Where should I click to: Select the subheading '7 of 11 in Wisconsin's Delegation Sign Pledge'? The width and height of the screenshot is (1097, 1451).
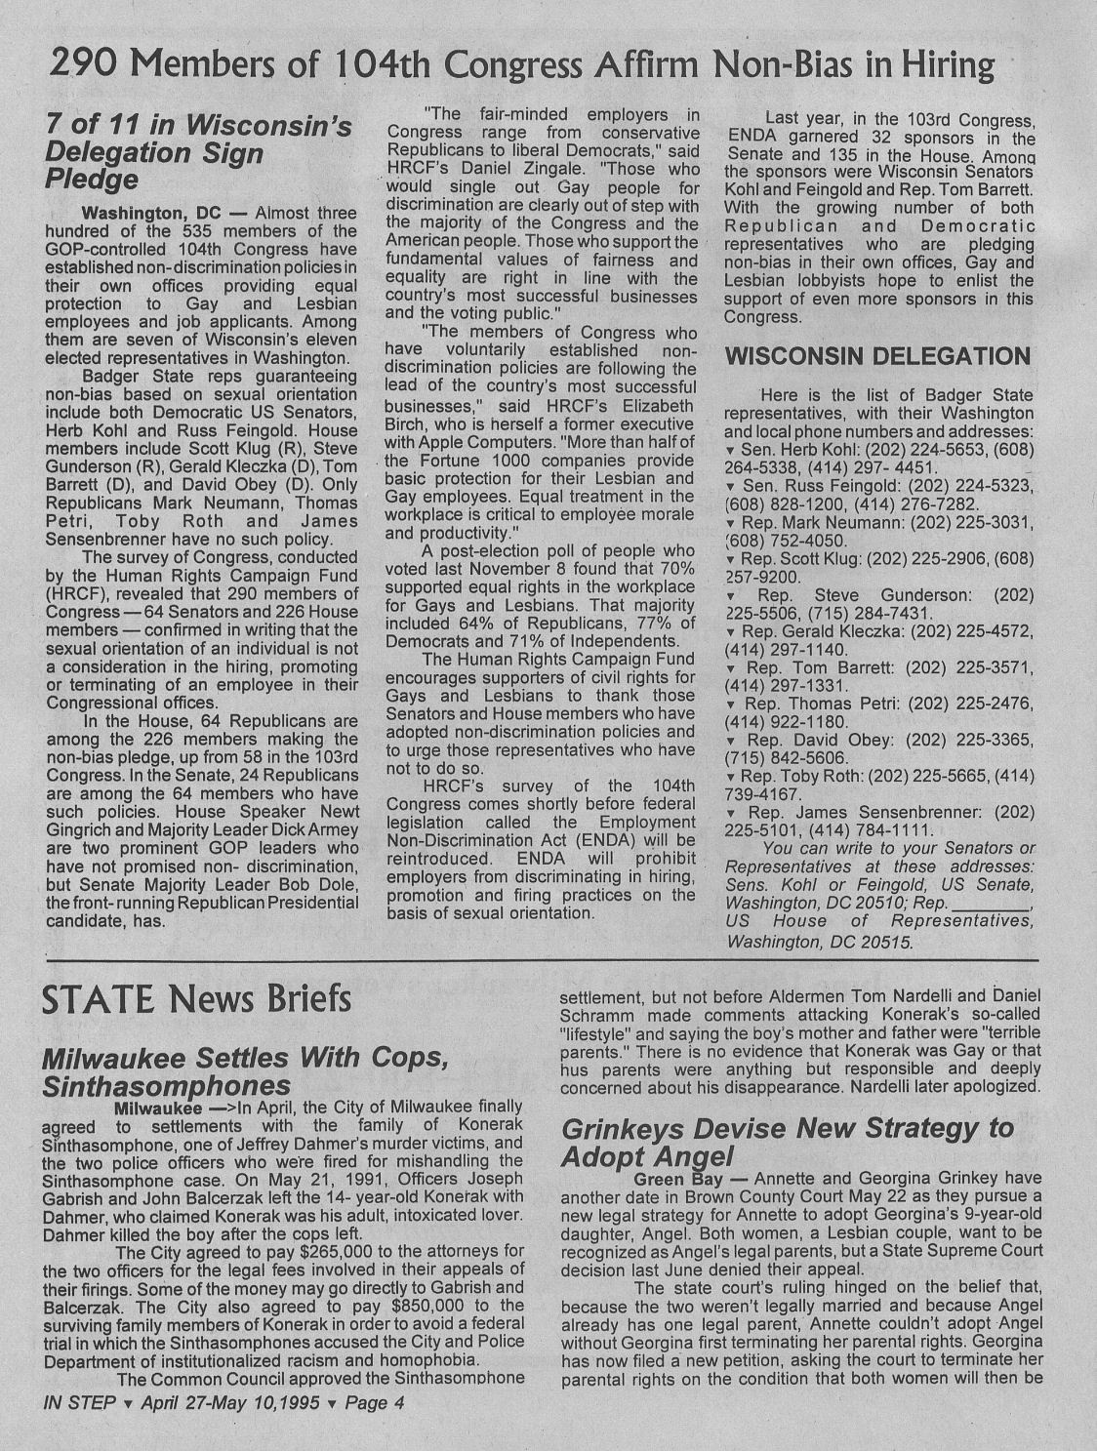coord(199,152)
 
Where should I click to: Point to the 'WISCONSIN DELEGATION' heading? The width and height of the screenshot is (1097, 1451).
coord(877,355)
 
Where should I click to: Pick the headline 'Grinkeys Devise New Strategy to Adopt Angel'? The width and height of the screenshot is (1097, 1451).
coord(788,1142)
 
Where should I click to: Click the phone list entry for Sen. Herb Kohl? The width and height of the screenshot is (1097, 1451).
coord(878,459)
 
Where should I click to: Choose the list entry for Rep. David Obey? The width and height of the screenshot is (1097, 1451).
coord(878,748)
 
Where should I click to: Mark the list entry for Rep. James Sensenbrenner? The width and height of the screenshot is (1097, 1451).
coord(878,821)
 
